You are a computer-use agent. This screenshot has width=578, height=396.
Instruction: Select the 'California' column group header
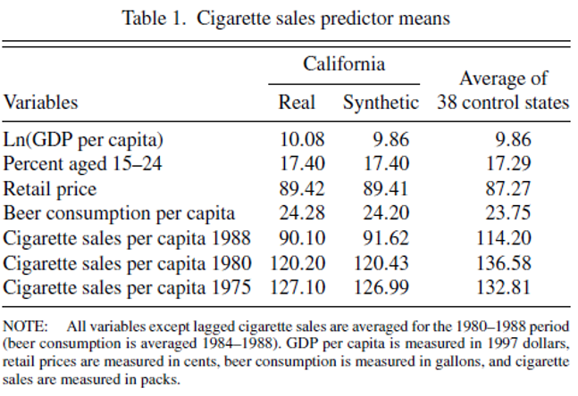[344, 64]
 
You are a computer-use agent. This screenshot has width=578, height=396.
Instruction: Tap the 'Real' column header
[297, 102]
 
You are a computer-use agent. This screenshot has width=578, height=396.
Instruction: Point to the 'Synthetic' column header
[381, 102]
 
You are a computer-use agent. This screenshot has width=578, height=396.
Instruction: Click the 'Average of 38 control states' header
[503, 90]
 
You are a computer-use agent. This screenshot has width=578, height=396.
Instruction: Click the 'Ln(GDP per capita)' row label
[83, 140]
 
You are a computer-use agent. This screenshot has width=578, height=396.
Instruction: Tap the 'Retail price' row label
[50, 188]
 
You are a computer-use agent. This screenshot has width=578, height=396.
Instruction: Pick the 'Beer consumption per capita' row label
[119, 213]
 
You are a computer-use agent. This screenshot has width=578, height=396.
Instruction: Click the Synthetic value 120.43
[388, 263]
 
